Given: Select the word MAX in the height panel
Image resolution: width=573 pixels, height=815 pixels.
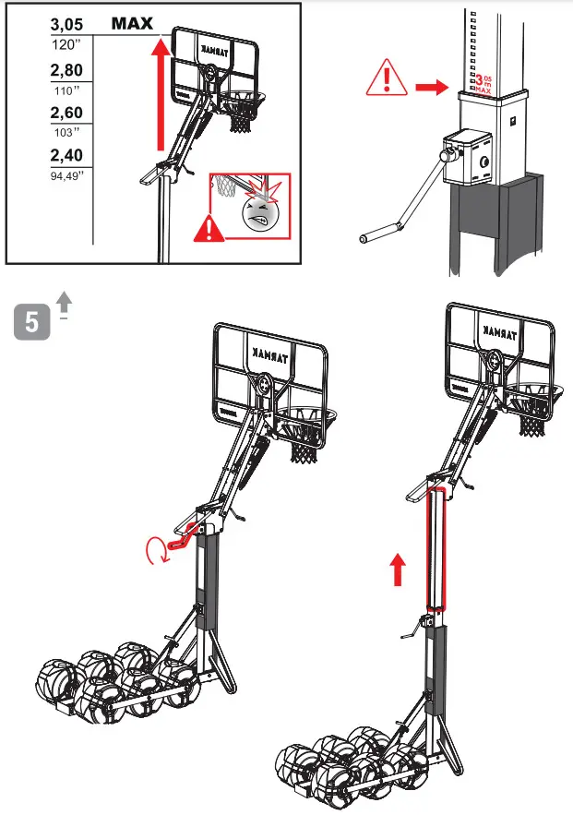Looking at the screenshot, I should [132, 24].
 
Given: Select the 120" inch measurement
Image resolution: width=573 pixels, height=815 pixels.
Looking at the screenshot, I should [66, 43].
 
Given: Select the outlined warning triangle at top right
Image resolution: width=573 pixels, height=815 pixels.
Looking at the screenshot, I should [387, 78].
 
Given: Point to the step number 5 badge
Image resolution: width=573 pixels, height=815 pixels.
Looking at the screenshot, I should [32, 323].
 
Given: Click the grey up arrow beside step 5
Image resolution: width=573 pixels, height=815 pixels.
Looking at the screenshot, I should [63, 303].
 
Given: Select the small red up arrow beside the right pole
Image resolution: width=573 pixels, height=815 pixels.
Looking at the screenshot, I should [398, 569].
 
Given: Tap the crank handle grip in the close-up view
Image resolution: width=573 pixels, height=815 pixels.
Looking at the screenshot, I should [365, 238].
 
